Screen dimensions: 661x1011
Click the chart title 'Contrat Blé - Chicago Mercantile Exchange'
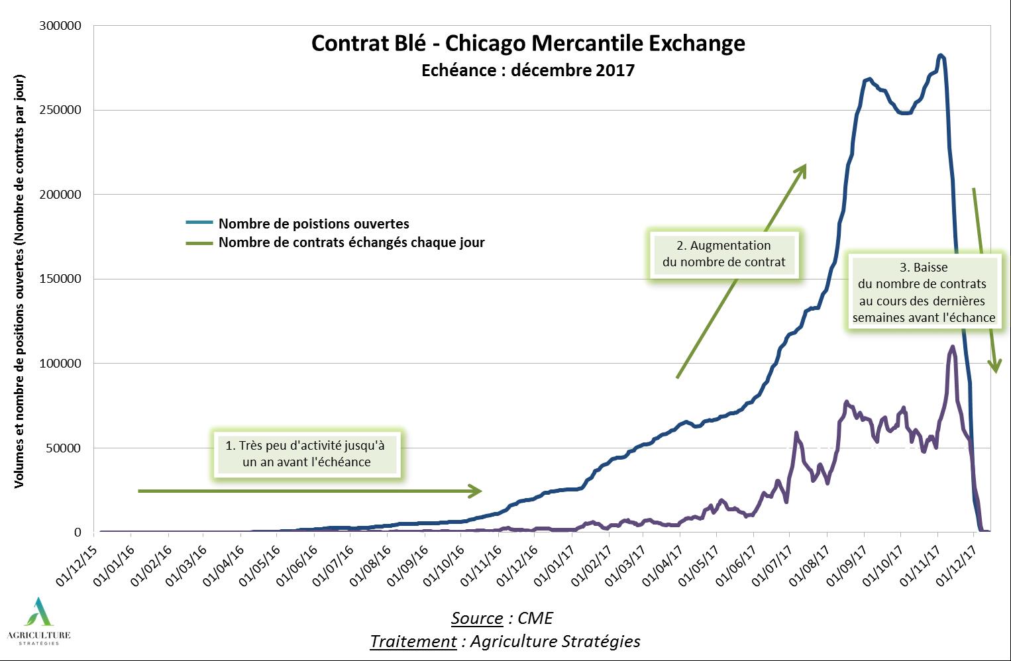coord(528,44)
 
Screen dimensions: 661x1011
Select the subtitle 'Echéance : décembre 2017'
coord(528,70)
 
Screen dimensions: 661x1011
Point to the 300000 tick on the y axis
coord(60,26)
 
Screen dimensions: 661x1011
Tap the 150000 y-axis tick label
coord(60,279)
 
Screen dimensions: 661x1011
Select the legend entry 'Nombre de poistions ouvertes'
coord(313,224)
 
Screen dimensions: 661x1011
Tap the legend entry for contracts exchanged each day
coord(351,242)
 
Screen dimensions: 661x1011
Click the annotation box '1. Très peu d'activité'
coord(306,454)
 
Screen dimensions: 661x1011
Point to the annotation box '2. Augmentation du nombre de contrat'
coord(723,254)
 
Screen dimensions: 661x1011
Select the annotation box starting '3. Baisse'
coord(924,292)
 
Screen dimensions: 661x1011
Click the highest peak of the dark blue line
coord(940,56)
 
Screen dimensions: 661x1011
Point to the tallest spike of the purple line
coord(953,346)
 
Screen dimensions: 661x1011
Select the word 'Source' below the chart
coord(477,618)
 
